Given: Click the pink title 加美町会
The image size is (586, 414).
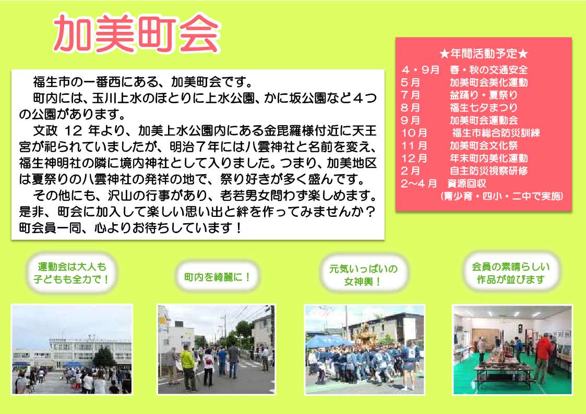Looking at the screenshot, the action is [137, 34].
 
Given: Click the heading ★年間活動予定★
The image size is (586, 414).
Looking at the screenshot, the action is [484, 54].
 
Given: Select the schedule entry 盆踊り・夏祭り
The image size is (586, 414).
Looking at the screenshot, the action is [484, 95].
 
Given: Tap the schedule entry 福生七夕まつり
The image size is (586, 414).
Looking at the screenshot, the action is [484, 107].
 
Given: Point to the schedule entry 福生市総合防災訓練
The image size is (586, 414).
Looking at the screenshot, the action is [496, 132].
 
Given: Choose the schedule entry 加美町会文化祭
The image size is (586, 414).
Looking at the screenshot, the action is [484, 145].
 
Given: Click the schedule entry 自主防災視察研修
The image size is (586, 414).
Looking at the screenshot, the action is [489, 171].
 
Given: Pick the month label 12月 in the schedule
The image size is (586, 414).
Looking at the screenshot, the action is [414, 159].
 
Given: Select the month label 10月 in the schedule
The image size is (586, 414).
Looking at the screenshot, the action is [414, 133].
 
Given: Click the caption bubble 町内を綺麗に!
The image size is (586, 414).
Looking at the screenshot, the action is [217, 277].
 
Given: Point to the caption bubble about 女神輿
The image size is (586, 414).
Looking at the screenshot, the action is [363, 275].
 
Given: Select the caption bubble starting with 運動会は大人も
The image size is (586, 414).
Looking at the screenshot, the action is [71, 273].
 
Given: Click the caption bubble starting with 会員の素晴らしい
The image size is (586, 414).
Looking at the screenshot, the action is [510, 273].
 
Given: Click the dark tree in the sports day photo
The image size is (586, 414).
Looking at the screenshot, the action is [104, 357].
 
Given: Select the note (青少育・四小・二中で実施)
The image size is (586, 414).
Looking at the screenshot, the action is [501, 196].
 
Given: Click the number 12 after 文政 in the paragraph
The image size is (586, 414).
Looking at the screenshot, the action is [73, 131].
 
